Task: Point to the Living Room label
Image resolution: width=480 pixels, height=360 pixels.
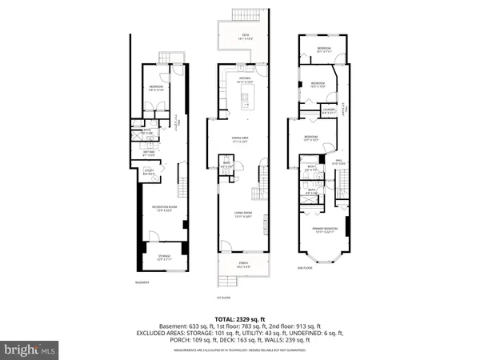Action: pyautogui.click(x=243, y=214)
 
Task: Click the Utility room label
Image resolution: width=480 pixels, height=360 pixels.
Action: pyautogui.click(x=149, y=170)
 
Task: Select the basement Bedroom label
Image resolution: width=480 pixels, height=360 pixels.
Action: pyautogui.click(x=155, y=87)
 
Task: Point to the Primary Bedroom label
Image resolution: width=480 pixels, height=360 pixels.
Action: pyautogui.click(x=323, y=230)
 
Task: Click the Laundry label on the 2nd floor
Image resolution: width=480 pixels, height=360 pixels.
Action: pyautogui.click(x=329, y=111)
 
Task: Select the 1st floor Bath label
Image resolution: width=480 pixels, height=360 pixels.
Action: pyautogui.click(x=226, y=166)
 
